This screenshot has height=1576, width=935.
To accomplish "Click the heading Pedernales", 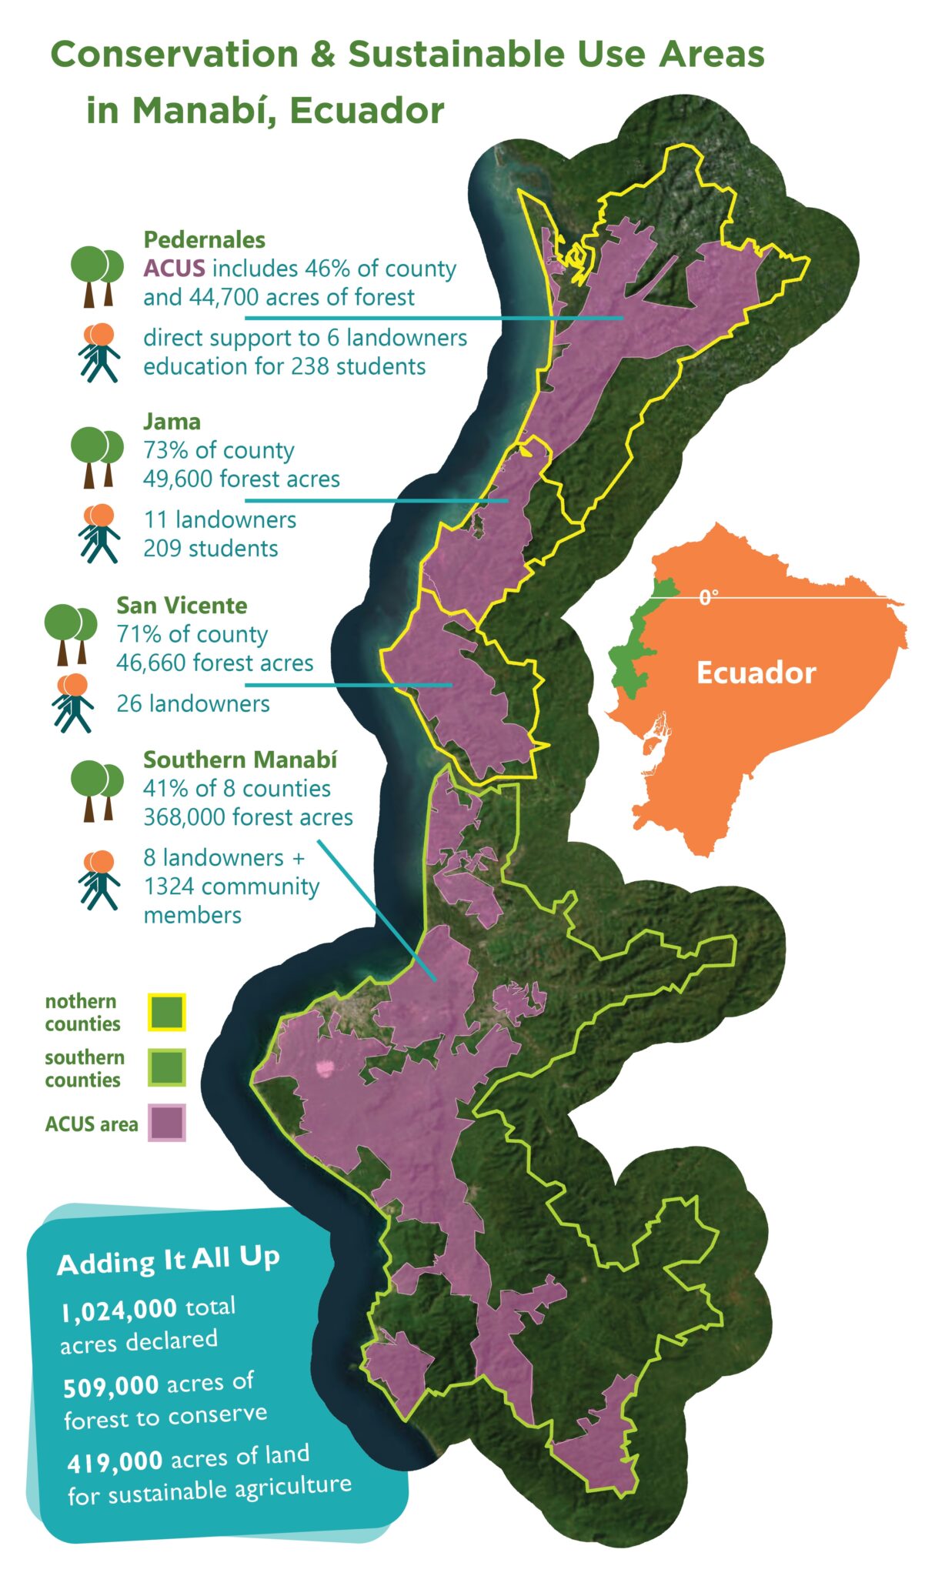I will (x=204, y=239).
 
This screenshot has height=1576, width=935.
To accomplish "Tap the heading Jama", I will (x=172, y=421).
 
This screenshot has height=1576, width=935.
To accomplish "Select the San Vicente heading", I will (x=182, y=605).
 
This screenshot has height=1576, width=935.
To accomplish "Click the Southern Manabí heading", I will (x=240, y=760).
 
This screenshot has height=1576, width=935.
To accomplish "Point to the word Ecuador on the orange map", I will (x=756, y=673).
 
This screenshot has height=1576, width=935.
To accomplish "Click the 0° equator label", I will (x=709, y=596).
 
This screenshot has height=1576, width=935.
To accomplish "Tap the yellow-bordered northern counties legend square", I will (x=167, y=1012).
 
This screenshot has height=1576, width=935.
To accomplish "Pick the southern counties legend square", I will (x=167, y=1067).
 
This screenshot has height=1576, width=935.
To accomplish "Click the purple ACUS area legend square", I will (x=167, y=1123).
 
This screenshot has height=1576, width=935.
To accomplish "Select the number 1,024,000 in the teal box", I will (x=119, y=1310).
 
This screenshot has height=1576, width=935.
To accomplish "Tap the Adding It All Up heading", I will (x=168, y=1260).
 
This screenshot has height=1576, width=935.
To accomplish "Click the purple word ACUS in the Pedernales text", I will (x=174, y=269).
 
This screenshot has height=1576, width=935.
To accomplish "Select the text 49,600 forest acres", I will (x=241, y=479).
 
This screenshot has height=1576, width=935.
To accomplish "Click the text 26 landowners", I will (x=192, y=703).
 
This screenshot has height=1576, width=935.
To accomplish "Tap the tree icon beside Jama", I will (x=97, y=456).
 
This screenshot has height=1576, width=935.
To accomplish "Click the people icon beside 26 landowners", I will (x=73, y=702).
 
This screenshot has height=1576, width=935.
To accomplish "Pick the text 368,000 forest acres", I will (x=248, y=816).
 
